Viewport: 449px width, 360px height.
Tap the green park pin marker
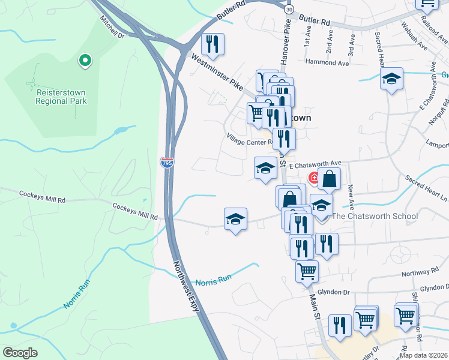85,61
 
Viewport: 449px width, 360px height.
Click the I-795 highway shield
166,162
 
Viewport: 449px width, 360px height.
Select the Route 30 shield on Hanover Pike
289,10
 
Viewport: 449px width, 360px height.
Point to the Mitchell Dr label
112,28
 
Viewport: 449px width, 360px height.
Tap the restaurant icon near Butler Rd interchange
212,44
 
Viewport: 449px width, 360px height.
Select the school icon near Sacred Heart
391,79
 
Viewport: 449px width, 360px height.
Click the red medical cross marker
314,178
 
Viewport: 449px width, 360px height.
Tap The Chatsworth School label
375,216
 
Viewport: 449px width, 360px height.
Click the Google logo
20,352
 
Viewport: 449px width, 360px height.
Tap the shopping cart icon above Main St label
307,271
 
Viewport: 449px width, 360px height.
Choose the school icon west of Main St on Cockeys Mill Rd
236,219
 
